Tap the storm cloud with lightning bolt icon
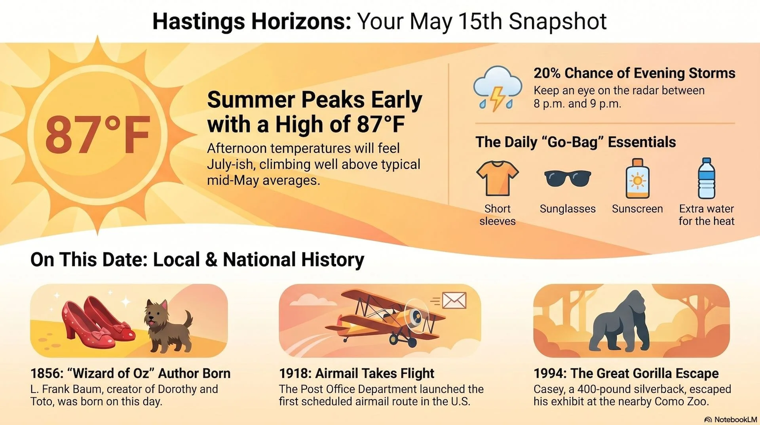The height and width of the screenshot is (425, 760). tap(498, 88)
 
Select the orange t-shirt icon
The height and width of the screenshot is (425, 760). tap(498, 178)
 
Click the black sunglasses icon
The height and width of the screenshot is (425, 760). tap(568, 178)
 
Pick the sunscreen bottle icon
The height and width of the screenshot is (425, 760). tap(637, 178)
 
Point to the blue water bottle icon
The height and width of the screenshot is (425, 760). tap(707, 178)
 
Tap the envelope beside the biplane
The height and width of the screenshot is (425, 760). tap(454, 301)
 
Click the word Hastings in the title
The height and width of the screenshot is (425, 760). tap(199, 21)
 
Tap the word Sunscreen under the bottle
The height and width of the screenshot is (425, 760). tap(637, 209)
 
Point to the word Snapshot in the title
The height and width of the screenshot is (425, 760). tap(557, 21)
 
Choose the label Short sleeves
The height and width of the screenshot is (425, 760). tap(498, 215)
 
